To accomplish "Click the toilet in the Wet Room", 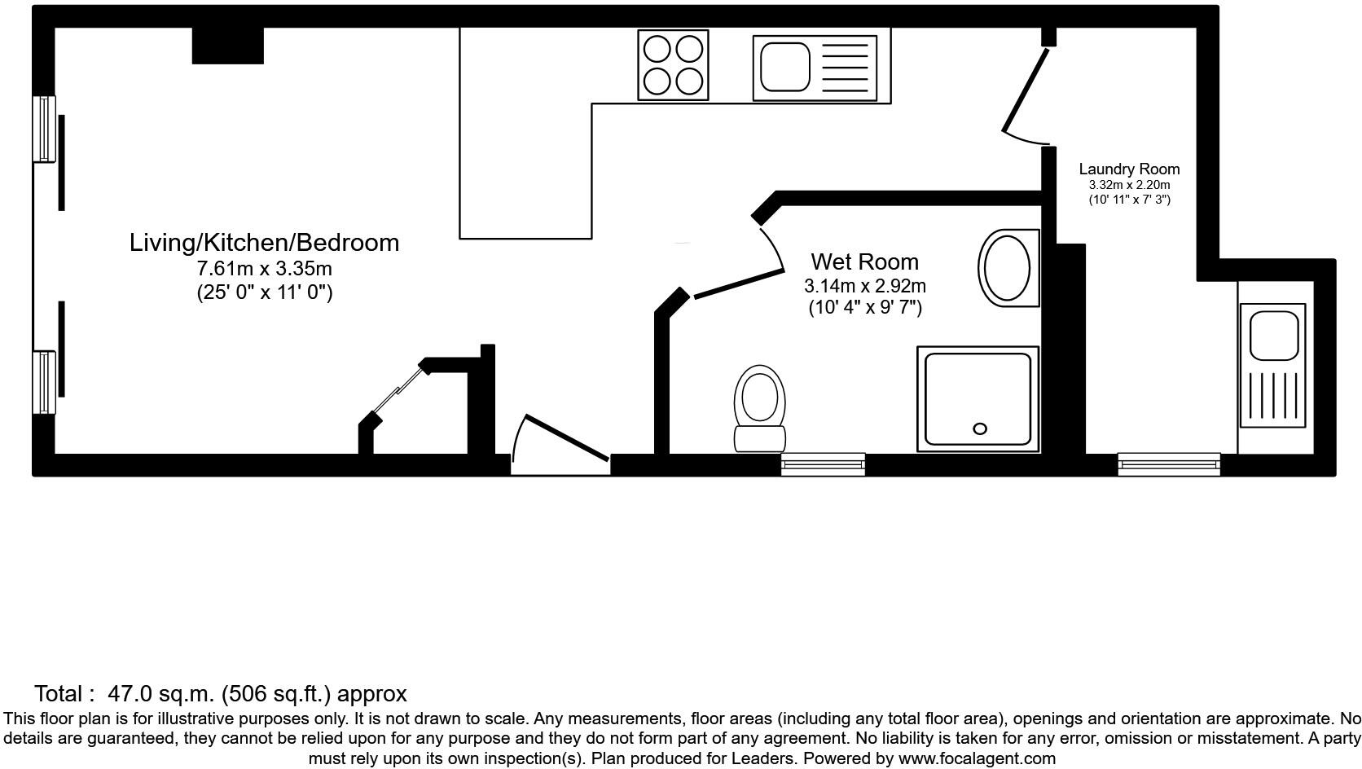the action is (x=760, y=407).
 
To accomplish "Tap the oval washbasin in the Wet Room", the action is (x=1008, y=268).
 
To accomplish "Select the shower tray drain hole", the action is (x=980, y=428).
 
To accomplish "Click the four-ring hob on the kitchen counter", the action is (x=673, y=65).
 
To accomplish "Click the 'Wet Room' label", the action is (x=864, y=261).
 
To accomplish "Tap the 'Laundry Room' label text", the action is (x=1129, y=169).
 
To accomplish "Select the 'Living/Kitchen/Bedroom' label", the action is (x=264, y=242).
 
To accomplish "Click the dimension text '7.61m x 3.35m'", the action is (x=264, y=268).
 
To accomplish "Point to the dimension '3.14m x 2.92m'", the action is (x=864, y=286).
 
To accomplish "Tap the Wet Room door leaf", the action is (x=737, y=282).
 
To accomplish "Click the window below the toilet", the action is (x=823, y=464).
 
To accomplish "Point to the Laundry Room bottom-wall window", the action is (x=1169, y=464).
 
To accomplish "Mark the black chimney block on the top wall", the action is (x=227, y=46).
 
